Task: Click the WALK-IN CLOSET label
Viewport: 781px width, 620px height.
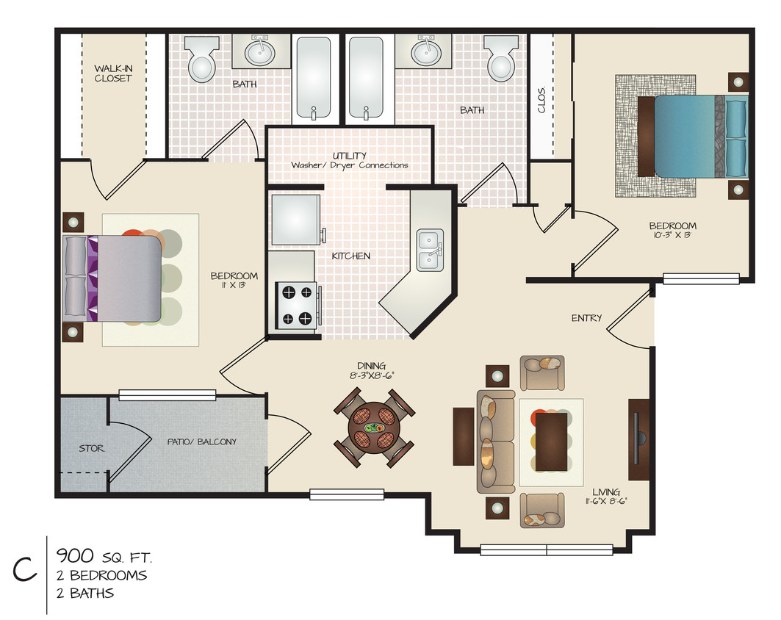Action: coord(112,73)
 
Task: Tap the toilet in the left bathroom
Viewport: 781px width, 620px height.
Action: coord(201,60)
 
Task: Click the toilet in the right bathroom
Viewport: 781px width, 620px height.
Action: coord(500,60)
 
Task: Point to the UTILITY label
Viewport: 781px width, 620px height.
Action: coord(350,156)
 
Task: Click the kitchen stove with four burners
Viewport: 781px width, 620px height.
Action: coord(296,305)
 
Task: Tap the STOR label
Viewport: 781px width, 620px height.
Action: coord(91,448)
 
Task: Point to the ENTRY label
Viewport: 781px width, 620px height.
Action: coord(586,318)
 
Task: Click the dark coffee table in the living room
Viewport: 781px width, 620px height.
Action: coord(551,441)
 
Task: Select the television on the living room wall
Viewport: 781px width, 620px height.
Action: coord(638,439)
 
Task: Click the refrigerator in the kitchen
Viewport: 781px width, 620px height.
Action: coord(295,219)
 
